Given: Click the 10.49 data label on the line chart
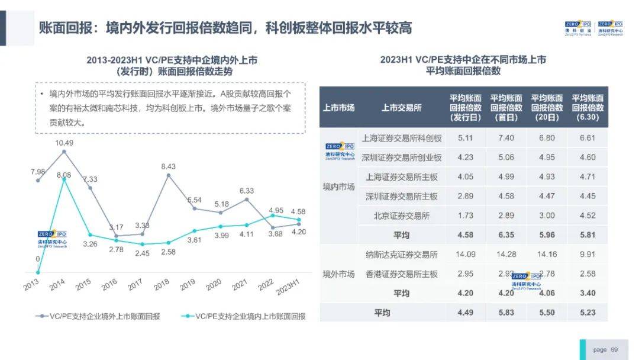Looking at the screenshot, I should [64, 143].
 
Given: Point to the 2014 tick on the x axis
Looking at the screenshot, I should [57, 285].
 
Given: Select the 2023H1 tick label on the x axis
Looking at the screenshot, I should [289, 289].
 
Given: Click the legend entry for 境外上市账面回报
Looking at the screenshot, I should [102, 316].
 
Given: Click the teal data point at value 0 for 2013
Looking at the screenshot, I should [38, 272].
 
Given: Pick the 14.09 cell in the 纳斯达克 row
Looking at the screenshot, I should [465, 255].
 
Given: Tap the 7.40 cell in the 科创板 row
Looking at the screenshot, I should [506, 138].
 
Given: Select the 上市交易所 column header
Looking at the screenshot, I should [401, 108].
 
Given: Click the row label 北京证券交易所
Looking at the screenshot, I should [401, 216].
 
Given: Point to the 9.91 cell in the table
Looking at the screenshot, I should [588, 255].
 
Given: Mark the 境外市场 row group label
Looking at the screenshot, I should [338, 274].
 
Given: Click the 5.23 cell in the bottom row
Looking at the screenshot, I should [588, 313].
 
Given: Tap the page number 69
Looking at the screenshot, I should [614, 349].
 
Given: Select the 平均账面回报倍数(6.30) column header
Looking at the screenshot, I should [588, 108].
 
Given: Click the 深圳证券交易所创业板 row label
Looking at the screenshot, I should [401, 157].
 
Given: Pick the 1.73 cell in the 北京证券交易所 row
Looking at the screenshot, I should [465, 216].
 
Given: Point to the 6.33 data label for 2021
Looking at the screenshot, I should [247, 191].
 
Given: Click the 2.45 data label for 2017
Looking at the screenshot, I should [142, 253].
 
